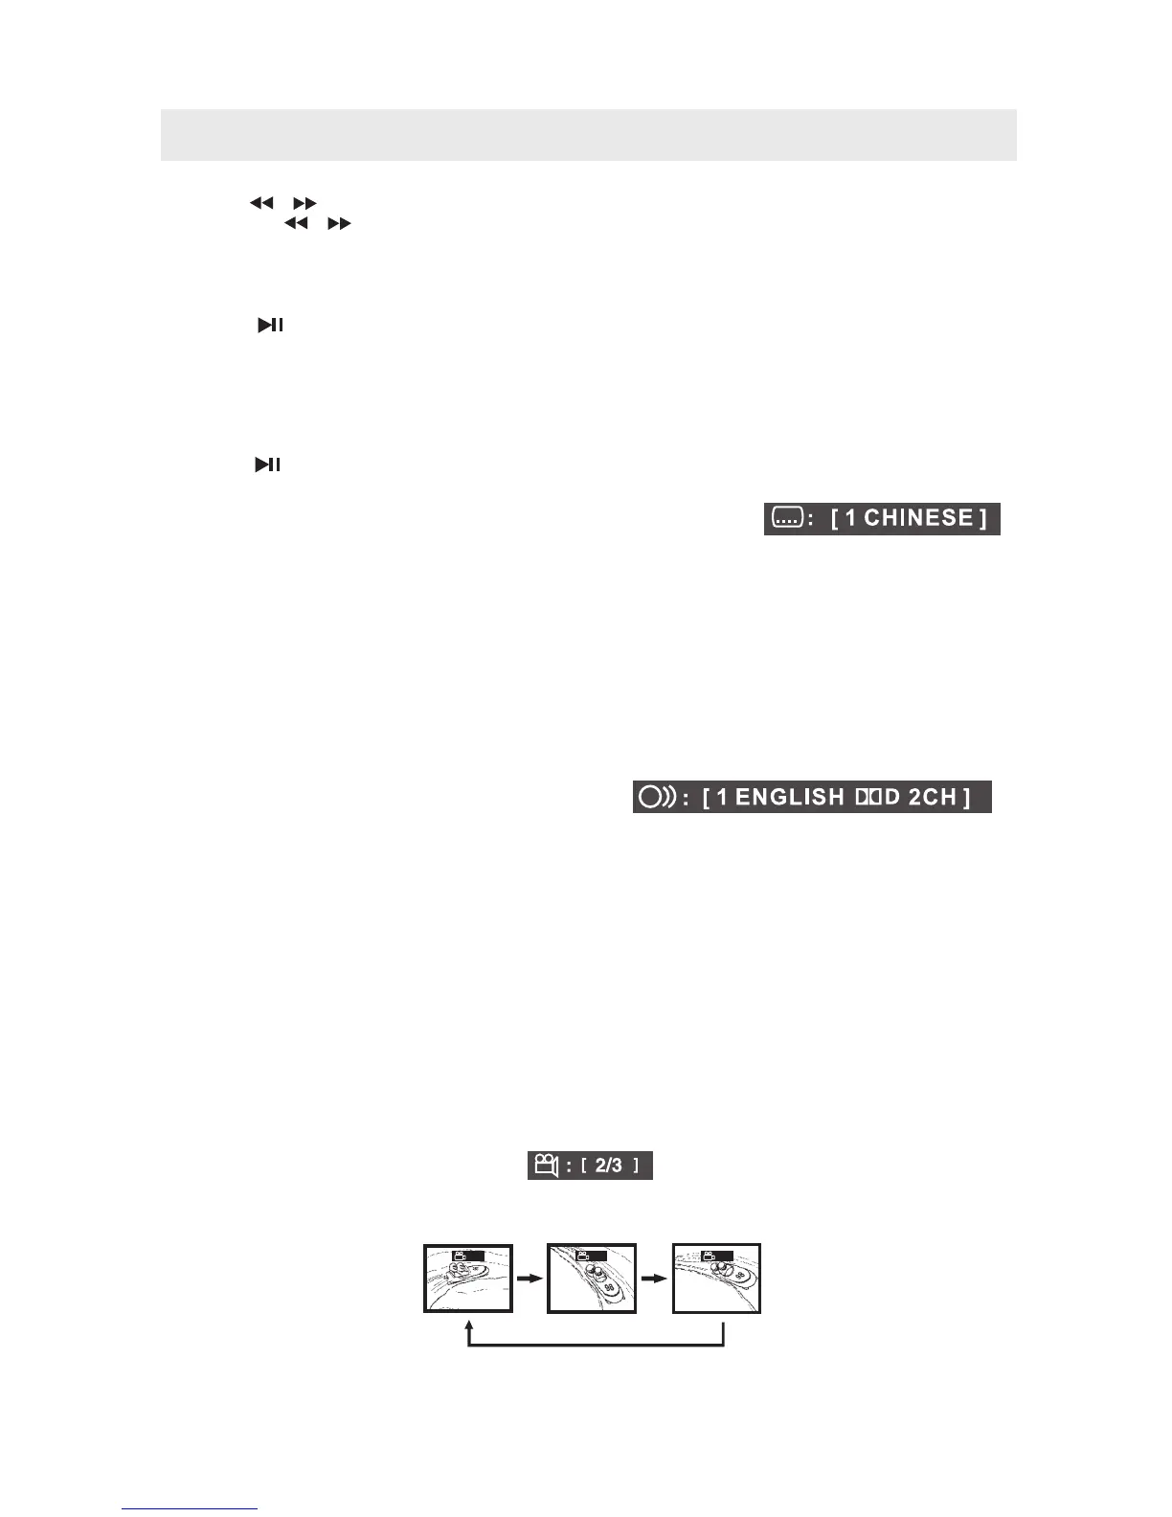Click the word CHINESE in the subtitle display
pos(918,518)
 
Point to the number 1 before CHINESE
pos(850,518)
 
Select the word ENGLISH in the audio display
pos(790,797)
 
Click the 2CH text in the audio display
pos(932,797)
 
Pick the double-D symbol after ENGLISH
pos(867,797)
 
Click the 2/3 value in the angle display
pos(609,1166)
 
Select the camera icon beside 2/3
pos(546,1166)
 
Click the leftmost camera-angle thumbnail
pos(469,1279)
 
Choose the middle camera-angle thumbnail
pos(592,1279)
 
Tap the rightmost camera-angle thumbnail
pos(717,1279)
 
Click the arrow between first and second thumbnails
pos(530,1278)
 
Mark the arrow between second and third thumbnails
pos(655,1278)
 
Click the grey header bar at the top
pos(588,135)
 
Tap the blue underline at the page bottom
pos(190,1508)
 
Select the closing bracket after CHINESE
pos(983,518)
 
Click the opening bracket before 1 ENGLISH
pos(706,797)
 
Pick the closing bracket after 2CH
pos(967,797)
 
